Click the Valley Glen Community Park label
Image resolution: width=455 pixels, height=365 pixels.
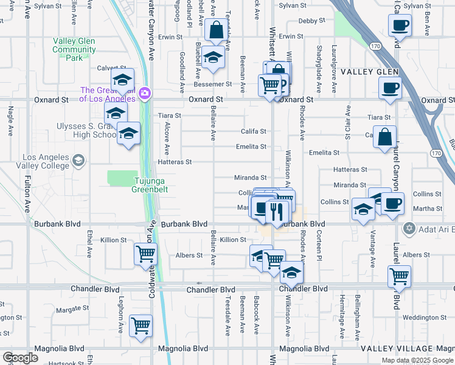[x=74, y=50]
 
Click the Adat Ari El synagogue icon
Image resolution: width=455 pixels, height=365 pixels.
[x=409, y=228]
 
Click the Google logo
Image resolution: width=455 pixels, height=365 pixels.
[x=20, y=358]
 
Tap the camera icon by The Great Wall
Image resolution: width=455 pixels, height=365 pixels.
[x=145, y=94]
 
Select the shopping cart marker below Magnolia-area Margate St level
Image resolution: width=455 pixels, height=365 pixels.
[x=141, y=327]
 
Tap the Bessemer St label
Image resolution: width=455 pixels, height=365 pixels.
[x=218, y=84]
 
